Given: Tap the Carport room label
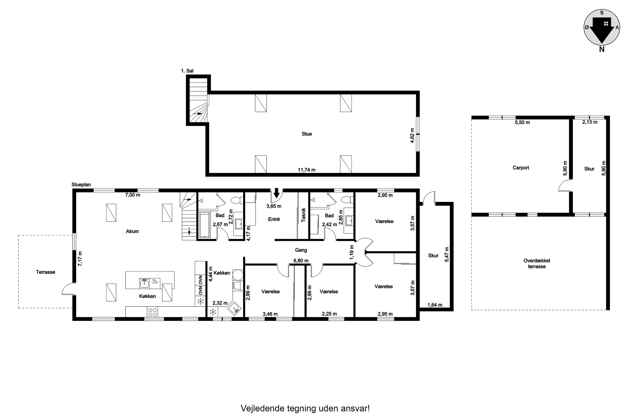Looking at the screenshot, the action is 521,168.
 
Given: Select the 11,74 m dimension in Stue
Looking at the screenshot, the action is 306,170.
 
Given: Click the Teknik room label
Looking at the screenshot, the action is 303,215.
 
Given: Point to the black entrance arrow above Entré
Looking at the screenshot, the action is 277,192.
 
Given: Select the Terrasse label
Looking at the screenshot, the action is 45,272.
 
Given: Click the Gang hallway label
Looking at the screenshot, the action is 301,250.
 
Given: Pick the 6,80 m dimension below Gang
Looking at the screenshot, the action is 301,261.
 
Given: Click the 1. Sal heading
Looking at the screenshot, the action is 187,71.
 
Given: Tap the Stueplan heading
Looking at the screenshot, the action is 81,185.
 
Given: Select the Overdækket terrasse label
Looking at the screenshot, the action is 537,264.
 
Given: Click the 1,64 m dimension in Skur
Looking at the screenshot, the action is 435,305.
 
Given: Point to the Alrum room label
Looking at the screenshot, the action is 133,231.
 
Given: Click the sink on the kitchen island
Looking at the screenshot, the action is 144,283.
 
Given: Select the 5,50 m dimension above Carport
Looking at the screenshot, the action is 522,122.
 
